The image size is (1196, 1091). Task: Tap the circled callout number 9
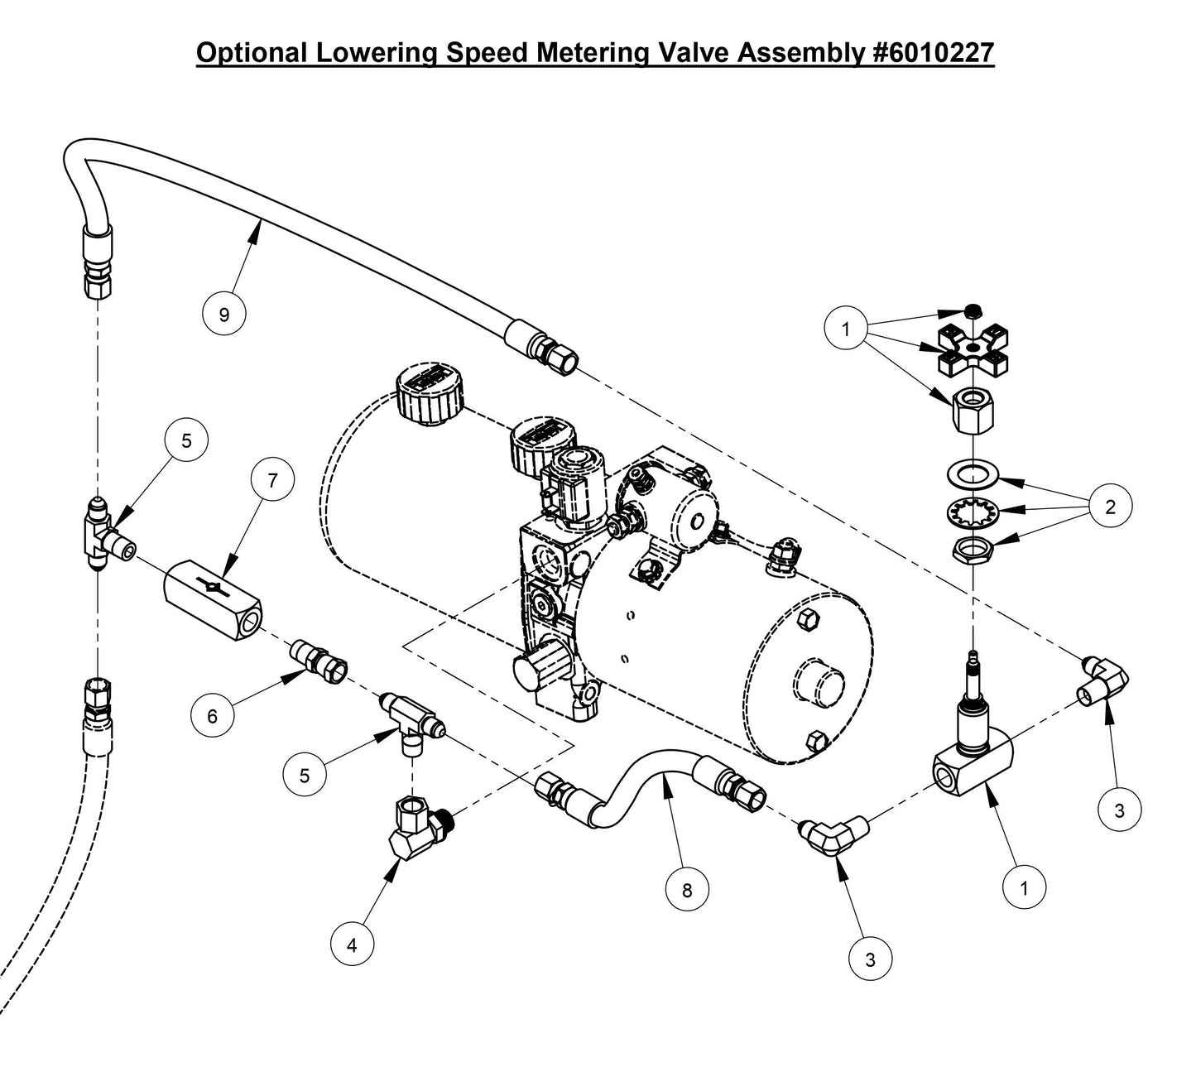[x=224, y=314]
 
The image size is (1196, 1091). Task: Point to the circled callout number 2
[x=1110, y=507]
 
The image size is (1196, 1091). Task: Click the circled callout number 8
[x=687, y=890]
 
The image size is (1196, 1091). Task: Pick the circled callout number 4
[x=352, y=945]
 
